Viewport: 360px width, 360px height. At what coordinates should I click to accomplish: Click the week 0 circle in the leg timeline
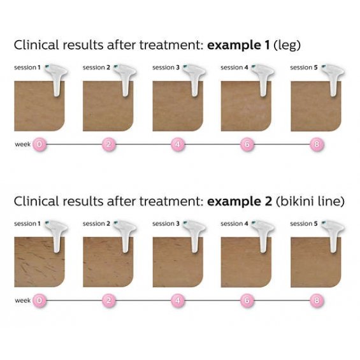pyautogui.click(x=40, y=145)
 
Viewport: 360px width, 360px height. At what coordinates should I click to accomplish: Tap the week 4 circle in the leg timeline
pyautogui.click(x=178, y=145)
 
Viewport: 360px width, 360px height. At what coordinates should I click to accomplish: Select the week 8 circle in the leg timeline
pyautogui.click(x=317, y=145)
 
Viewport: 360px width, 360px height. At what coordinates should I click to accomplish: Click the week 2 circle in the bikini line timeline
pyautogui.click(x=109, y=301)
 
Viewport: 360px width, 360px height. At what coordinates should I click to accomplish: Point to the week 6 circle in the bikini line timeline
pyautogui.click(x=247, y=301)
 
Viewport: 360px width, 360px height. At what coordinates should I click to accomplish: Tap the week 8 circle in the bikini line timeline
pyautogui.click(x=317, y=301)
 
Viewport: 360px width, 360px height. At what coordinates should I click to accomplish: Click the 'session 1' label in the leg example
pyautogui.click(x=27, y=68)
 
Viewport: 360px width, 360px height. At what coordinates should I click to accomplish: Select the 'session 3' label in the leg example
pyautogui.click(x=166, y=68)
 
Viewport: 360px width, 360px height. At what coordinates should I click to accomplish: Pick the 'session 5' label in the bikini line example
pyautogui.click(x=304, y=224)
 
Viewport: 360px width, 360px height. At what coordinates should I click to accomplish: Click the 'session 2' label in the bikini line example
pyautogui.click(x=96, y=224)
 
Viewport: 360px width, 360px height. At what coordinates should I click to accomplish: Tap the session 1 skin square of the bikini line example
pyautogui.click(x=40, y=262)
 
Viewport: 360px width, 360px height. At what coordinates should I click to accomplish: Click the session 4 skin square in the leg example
pyautogui.click(x=246, y=106)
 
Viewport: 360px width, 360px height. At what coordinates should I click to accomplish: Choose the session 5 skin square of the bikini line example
pyautogui.click(x=315, y=262)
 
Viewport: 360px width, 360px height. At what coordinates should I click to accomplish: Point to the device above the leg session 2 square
pyautogui.click(x=126, y=79)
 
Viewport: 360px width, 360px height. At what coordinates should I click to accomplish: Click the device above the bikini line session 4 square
pyautogui.click(x=263, y=235)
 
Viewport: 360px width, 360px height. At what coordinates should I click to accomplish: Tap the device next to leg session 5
pyautogui.click(x=333, y=79)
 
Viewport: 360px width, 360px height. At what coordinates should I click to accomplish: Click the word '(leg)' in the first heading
pyautogui.click(x=287, y=45)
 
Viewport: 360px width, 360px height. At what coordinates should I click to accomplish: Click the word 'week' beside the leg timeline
pyautogui.click(x=22, y=145)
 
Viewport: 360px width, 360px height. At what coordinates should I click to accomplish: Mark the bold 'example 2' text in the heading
pyautogui.click(x=240, y=202)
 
